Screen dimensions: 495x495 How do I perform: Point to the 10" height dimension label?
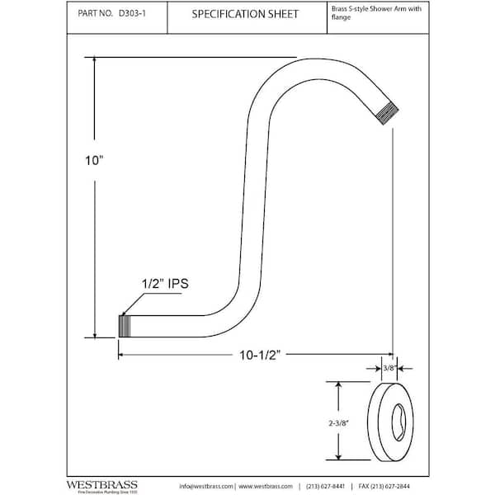tap(97, 163)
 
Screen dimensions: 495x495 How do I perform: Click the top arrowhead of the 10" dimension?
tap(94, 60)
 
